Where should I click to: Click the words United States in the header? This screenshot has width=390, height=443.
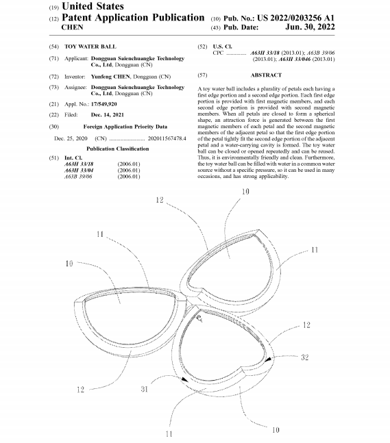pyautogui.click(x=93, y=6)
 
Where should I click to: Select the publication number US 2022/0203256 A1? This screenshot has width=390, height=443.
pyautogui.click(x=296, y=18)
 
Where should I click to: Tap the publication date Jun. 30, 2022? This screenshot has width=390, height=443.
pyautogui.click(x=310, y=27)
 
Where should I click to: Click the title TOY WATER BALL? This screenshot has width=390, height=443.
pyautogui.click(x=90, y=47)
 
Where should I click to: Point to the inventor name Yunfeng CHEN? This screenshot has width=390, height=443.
pyautogui.click(x=110, y=77)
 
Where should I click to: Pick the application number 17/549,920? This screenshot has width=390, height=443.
pyautogui.click(x=103, y=104)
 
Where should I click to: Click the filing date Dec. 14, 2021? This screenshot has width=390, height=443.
pyautogui.click(x=108, y=115)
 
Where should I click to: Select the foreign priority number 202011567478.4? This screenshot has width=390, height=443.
pyautogui.click(x=167, y=138)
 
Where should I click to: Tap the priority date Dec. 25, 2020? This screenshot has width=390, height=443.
pyautogui.click(x=71, y=138)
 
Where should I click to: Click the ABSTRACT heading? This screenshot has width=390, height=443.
pyautogui.click(x=266, y=75)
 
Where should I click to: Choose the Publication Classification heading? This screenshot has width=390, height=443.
pyautogui.click(x=118, y=149)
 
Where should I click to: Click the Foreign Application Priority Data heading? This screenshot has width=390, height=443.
pyautogui.click(x=125, y=127)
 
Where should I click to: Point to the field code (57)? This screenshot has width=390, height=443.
pyautogui.click(x=202, y=75)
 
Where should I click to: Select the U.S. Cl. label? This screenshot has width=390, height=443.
pyautogui.click(x=222, y=47)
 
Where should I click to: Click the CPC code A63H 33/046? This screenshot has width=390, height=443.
pyautogui.click(x=295, y=59)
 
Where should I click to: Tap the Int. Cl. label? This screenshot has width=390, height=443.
pyautogui.click(x=73, y=158)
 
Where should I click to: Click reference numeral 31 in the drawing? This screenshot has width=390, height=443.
pyautogui.click(x=145, y=389)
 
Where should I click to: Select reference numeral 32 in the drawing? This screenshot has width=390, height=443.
pyautogui.click(x=304, y=357)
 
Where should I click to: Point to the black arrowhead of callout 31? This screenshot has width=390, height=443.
pyautogui.click(x=184, y=380)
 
